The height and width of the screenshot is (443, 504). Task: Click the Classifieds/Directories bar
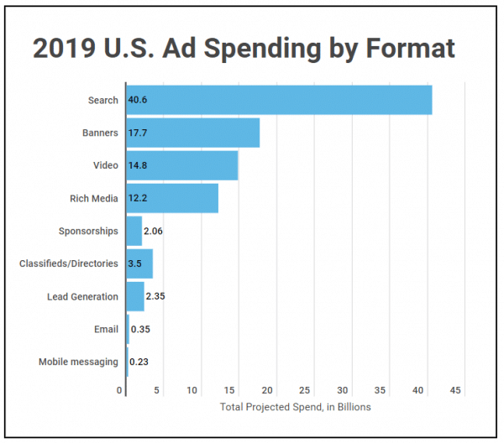139,263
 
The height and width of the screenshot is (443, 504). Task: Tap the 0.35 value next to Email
141,329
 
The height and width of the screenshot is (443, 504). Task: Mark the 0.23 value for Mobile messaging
139,362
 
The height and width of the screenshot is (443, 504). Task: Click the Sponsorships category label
88,231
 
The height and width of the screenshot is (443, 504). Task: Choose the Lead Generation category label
82,296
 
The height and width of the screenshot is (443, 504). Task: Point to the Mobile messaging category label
78,362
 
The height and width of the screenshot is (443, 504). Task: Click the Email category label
105,329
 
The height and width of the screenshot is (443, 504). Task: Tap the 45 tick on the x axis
456,390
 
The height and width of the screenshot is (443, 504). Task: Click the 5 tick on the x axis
156,390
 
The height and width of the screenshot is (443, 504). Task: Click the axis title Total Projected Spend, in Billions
295,407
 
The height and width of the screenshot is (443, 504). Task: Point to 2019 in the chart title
65,49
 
